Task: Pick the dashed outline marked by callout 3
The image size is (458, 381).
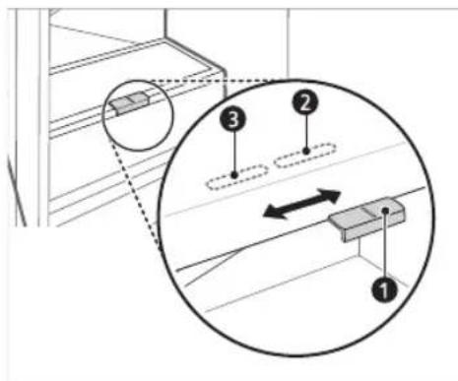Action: point(236,176)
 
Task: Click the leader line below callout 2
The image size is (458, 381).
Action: point(305,133)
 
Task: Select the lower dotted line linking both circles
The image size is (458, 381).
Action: point(138,192)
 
